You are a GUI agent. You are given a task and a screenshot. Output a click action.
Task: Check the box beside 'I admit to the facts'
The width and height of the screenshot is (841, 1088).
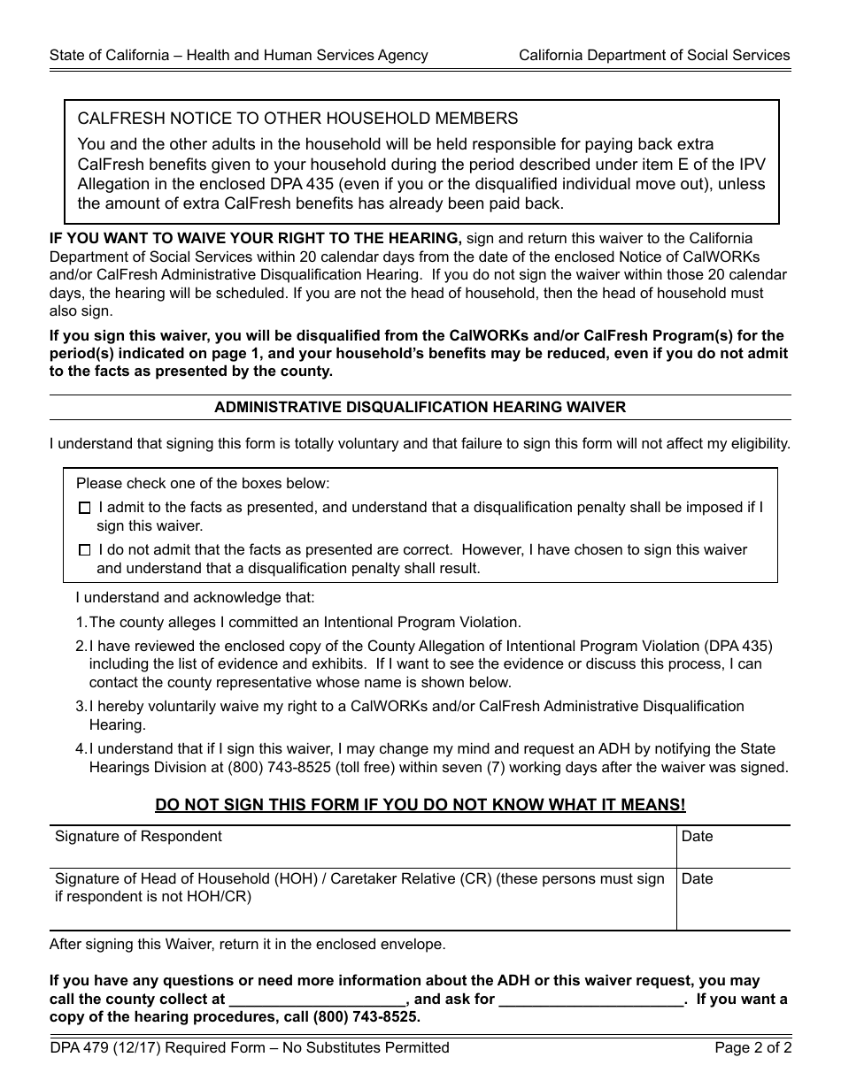tap(84, 509)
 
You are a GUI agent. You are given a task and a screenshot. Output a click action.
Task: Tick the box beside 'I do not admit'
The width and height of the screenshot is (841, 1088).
tap(84, 550)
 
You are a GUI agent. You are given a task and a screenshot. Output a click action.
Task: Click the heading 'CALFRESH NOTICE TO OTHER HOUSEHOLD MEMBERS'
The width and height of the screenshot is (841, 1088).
tap(297, 119)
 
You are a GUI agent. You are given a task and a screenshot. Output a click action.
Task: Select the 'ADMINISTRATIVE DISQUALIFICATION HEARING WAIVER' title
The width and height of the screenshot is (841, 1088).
tap(420, 408)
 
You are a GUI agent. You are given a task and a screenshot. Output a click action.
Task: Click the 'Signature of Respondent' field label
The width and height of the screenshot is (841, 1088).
tap(138, 837)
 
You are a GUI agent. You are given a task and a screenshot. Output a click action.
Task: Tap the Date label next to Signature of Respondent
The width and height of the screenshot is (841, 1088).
tap(697, 837)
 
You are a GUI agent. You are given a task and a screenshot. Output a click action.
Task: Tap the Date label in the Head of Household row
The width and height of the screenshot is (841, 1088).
tap(697, 879)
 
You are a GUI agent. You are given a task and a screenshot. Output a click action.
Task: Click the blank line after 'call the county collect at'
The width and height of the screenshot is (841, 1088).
tap(316, 1000)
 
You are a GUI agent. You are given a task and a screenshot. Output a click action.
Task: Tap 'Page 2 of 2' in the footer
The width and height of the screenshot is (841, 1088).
tap(752, 1048)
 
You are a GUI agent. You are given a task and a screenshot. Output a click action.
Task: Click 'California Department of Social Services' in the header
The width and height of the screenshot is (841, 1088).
tap(654, 55)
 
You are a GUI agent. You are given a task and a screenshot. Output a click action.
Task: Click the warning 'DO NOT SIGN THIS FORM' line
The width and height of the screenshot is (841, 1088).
tap(420, 805)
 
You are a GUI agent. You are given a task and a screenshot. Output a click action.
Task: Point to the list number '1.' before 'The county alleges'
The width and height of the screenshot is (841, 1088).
tap(81, 623)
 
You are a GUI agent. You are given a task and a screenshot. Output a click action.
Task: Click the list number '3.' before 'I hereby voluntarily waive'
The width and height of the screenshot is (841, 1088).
tap(81, 707)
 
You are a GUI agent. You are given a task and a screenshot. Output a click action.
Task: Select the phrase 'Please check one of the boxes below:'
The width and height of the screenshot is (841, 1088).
tap(203, 484)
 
